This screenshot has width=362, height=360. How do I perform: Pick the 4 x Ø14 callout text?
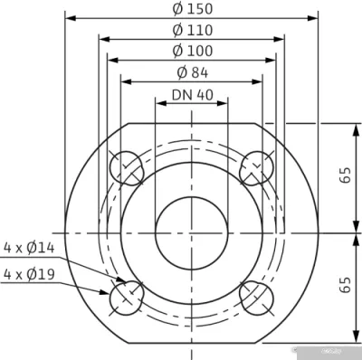pos(30,246)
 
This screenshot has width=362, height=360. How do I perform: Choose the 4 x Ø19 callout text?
pos(30,272)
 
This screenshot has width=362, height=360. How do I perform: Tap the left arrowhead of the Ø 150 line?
pos(69,17)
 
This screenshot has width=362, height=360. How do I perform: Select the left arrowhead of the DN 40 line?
pos(159,102)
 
